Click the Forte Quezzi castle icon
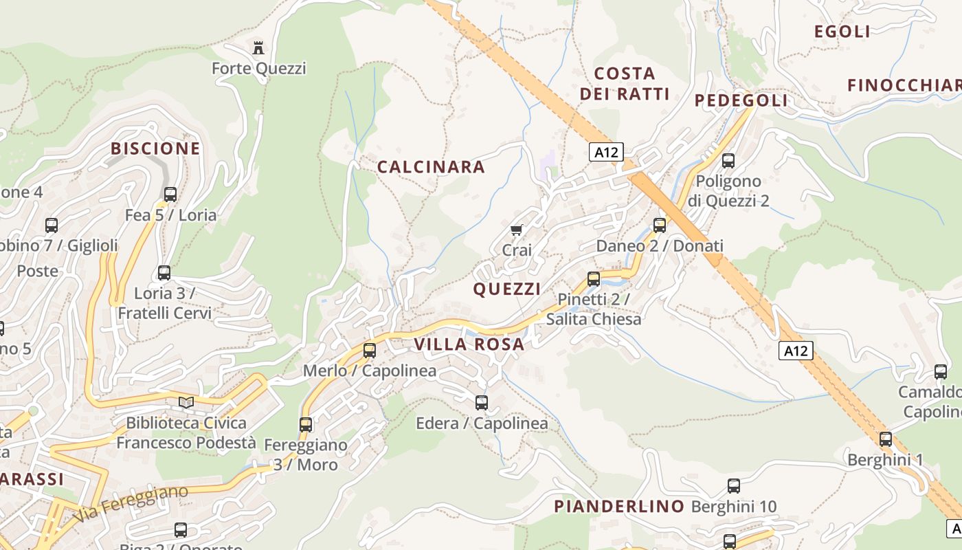point(258,47)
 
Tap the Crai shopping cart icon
point(517,230)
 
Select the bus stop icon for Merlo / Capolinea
point(370,350)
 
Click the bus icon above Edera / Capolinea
point(482,402)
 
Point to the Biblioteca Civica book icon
point(186,401)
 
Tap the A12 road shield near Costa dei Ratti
point(606,152)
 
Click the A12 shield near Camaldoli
point(796,351)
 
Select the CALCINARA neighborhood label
point(431,167)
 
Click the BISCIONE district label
point(155,148)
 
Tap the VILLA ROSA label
point(469,344)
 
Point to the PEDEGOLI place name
point(741,101)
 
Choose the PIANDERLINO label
point(619,507)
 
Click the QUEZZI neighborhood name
point(506,289)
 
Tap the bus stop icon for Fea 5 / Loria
point(170,194)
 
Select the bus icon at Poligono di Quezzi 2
point(728,161)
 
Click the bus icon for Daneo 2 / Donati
point(660,225)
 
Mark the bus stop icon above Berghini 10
point(734,486)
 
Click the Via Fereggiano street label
point(131,505)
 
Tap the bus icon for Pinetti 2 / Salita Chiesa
point(594,279)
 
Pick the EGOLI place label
point(842,32)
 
